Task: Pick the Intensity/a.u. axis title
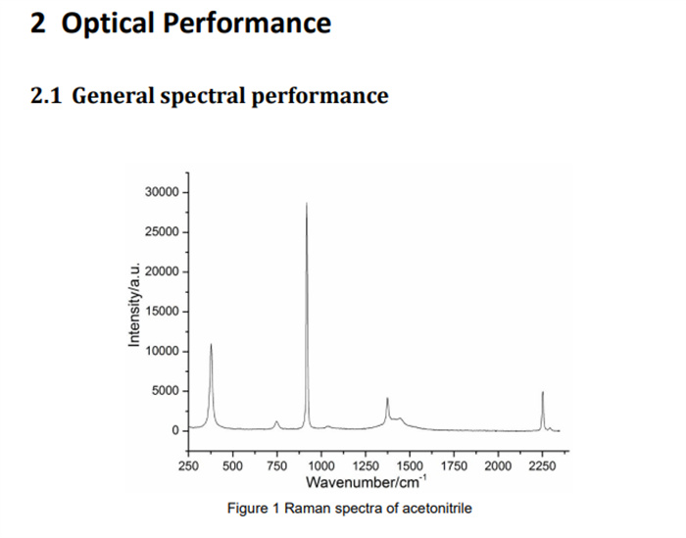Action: click(x=134, y=306)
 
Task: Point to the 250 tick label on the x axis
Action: click(x=189, y=466)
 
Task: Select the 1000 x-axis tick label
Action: click(x=320, y=466)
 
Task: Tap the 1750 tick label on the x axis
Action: click(x=454, y=466)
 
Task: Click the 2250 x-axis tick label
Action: click(x=542, y=466)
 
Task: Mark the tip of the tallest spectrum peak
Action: click(x=307, y=203)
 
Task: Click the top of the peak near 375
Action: click(x=211, y=344)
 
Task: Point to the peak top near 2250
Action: click(x=542, y=392)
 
